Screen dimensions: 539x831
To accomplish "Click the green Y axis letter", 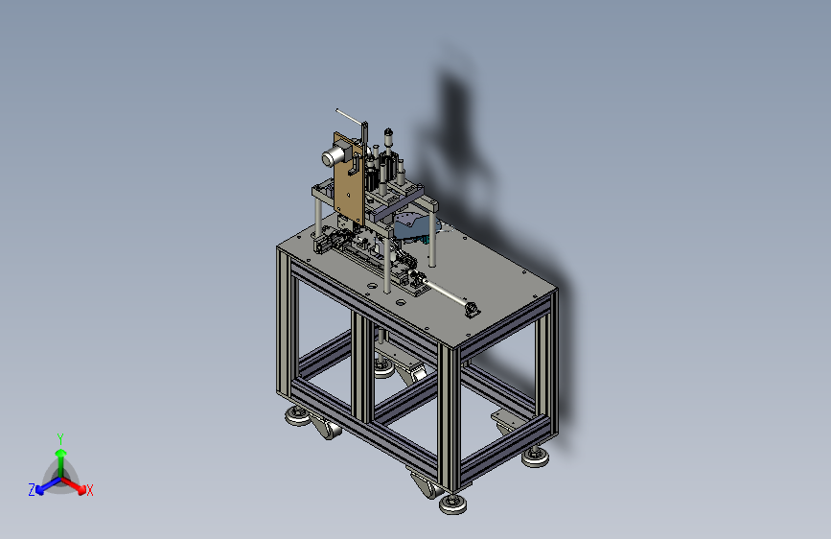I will (x=60, y=437).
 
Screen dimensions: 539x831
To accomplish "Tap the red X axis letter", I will (x=90, y=490).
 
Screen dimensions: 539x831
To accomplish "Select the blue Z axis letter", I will (x=32, y=489).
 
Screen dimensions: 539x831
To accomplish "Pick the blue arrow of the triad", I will (x=45, y=484).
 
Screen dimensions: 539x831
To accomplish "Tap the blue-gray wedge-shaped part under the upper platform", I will (x=411, y=226).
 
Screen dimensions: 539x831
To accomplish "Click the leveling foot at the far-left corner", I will (x=295, y=417).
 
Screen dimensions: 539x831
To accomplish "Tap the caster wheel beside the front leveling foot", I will (x=422, y=483).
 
